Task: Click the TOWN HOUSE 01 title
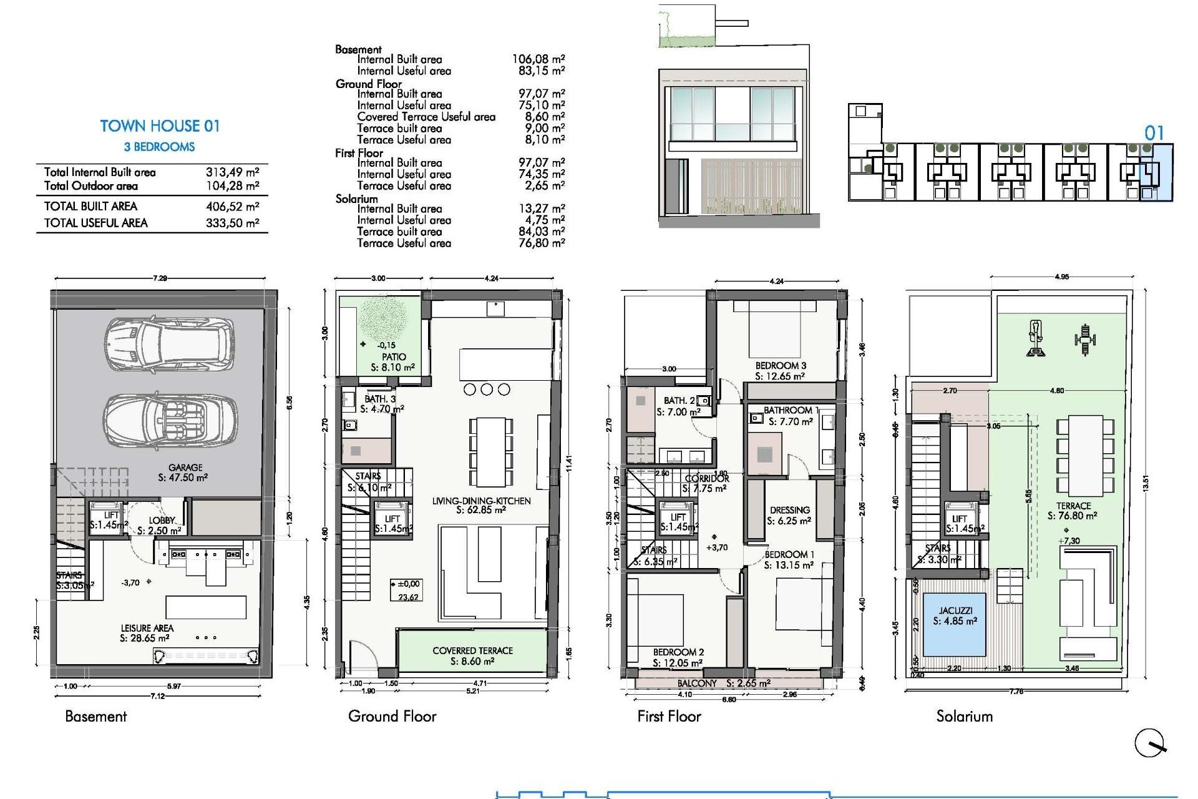pyautogui.click(x=160, y=126)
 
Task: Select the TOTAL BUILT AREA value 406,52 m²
pyautogui.click(x=232, y=207)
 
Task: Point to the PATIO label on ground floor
pyautogui.click(x=394, y=357)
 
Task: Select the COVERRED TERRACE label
pyautogui.click(x=472, y=651)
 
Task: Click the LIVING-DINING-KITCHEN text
pyautogui.click(x=481, y=501)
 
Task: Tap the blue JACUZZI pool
pyautogui.click(x=955, y=624)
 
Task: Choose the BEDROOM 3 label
pyautogui.click(x=781, y=366)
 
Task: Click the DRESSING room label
pyautogui.click(x=789, y=511)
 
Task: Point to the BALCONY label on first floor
pyautogui.click(x=697, y=684)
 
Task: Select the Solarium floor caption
pyautogui.click(x=964, y=717)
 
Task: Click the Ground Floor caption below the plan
pyautogui.click(x=392, y=717)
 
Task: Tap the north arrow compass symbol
pyautogui.click(x=1150, y=743)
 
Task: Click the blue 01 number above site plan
pyautogui.click(x=1154, y=133)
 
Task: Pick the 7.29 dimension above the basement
pyautogui.click(x=160, y=278)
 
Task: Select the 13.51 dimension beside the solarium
pyautogui.click(x=1145, y=484)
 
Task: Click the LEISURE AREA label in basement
pyautogui.click(x=147, y=628)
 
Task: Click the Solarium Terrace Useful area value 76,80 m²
pyautogui.click(x=541, y=243)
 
